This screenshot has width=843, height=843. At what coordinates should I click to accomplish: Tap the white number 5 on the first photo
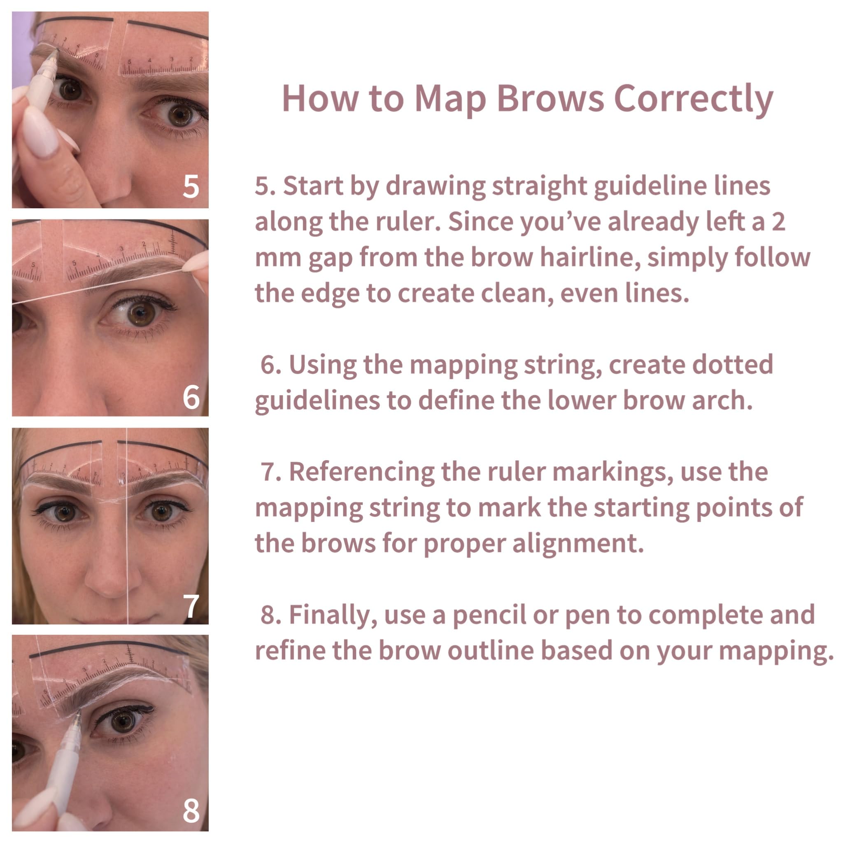[x=191, y=187]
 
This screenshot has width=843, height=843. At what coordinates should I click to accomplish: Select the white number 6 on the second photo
[x=191, y=397]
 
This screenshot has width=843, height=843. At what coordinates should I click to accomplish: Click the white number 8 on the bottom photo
[x=191, y=811]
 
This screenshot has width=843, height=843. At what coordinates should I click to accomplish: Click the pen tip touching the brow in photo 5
[x=56, y=52]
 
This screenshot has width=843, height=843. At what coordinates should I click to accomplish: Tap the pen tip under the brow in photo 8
[x=78, y=713]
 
